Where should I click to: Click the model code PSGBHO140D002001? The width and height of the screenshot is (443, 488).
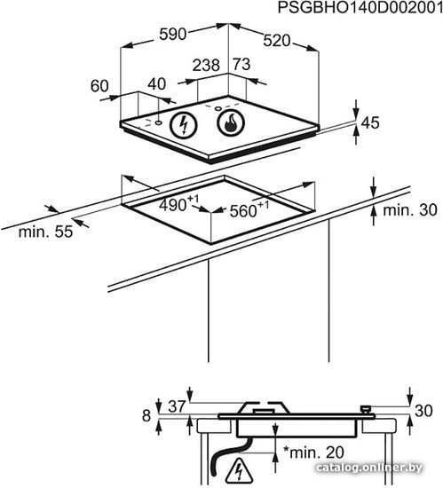tap(360, 7)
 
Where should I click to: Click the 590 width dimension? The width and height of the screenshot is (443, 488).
tap(172, 35)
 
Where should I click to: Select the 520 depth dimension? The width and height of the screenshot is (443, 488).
tap(277, 41)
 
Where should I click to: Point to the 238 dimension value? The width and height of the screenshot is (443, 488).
tap(206, 66)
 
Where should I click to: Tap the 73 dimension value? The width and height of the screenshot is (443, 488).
tap(241, 65)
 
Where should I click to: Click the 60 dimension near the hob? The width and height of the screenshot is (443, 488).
tap(99, 86)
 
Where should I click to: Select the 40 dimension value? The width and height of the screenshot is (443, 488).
tap(156, 84)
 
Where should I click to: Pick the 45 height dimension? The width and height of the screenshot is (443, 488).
tap(370, 122)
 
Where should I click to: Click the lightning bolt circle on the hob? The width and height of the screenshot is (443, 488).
tap(184, 125)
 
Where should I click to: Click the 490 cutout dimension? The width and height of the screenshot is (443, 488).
tap(178, 204)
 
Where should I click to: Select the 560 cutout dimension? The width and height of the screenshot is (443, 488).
tap(249, 209)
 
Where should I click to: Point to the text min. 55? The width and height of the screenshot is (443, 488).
tap(45, 232)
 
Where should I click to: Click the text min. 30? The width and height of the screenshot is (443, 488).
tap(410, 210)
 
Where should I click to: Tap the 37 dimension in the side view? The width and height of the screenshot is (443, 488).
tap(177, 406)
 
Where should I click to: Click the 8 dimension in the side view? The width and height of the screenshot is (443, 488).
tap(146, 416)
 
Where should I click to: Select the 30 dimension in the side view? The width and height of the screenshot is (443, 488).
tap(423, 411)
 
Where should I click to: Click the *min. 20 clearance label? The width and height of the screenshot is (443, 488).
tap(313, 453)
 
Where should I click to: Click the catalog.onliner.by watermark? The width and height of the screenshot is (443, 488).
tap(369, 468)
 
